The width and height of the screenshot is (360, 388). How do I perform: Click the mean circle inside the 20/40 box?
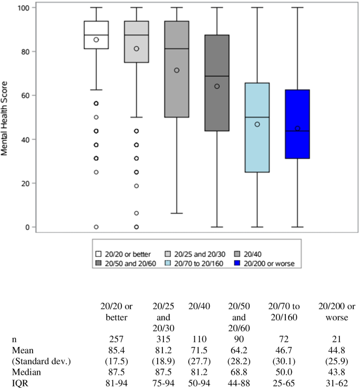coord(177,70)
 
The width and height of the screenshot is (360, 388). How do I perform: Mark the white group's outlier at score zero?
coord(96,227)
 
